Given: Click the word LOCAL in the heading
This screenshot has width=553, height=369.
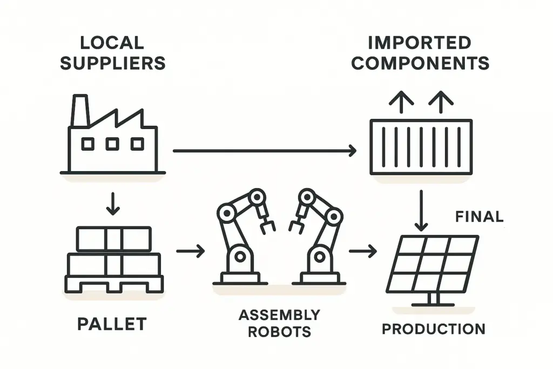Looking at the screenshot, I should point(112,42).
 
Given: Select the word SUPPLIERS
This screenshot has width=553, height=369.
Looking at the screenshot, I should point(112,63).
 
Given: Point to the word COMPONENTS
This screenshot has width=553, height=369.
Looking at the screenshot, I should point(420,63).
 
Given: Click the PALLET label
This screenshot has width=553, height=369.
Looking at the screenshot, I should point(112,324).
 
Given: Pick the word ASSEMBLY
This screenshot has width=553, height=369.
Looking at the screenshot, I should point(279,314).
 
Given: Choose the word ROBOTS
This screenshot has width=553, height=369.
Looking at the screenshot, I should point(279,331).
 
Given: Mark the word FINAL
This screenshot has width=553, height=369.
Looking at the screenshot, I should point(479,217).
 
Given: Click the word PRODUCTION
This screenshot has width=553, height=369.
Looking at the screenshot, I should point(434,328).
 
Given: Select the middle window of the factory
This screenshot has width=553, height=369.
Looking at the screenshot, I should point(112,144).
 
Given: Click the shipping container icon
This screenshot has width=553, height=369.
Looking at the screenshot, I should point(421,147).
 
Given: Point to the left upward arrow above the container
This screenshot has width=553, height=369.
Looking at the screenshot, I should point(401,102).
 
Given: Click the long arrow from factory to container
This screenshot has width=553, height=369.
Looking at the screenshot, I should point(265,151).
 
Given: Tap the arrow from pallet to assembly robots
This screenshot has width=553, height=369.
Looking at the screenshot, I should point(191,251).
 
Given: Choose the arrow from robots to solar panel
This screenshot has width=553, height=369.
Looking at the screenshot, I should point(362,251).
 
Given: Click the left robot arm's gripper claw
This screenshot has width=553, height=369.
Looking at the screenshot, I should point(266,226).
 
